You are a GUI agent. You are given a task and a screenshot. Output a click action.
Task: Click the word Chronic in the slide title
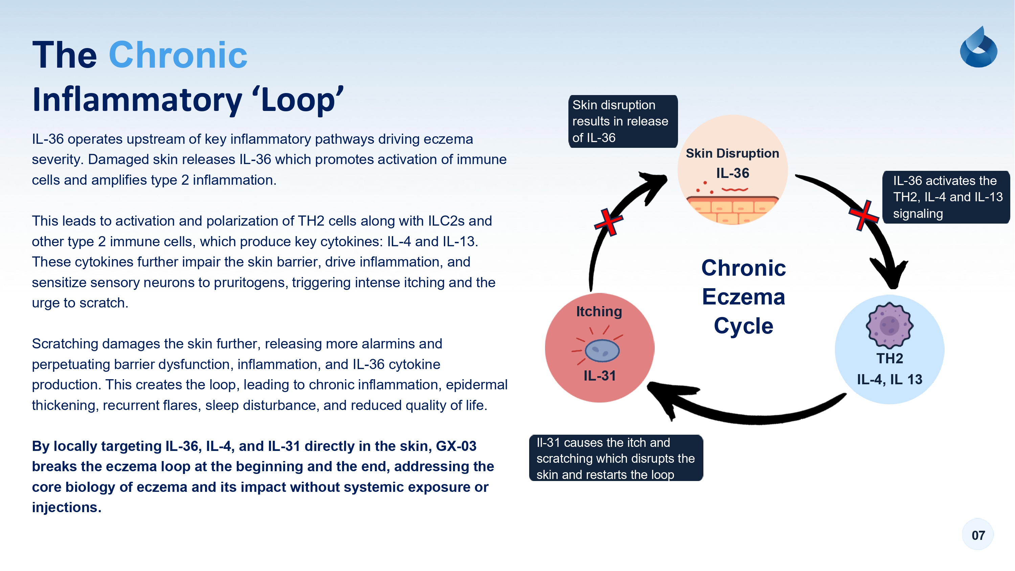coord(178,55)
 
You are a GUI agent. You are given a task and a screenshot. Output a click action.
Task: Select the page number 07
coord(978,535)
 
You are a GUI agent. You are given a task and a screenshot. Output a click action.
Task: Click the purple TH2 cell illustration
coord(889,325)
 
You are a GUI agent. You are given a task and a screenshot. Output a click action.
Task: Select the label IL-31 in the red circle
coord(599,375)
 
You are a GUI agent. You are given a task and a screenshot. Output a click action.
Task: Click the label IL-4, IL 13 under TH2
coord(889,379)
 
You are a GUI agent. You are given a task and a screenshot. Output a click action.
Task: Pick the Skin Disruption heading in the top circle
coord(732,153)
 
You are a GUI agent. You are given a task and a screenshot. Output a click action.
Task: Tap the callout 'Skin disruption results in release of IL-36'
coord(623,121)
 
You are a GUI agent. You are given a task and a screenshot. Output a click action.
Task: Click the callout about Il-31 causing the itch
coord(615,458)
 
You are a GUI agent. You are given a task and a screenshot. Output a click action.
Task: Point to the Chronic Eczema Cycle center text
coord(743,297)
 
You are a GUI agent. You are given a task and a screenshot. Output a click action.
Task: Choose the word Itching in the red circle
coord(599,311)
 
